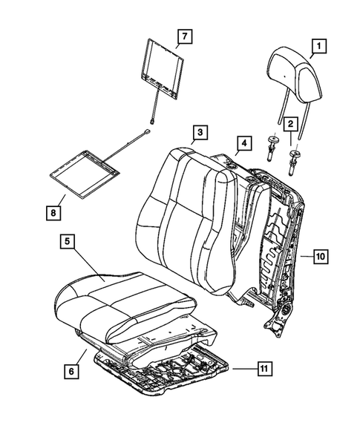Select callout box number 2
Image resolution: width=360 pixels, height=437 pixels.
[x=292, y=124]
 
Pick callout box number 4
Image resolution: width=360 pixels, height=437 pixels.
[x=241, y=142]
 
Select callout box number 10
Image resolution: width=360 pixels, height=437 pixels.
[x=320, y=257]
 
